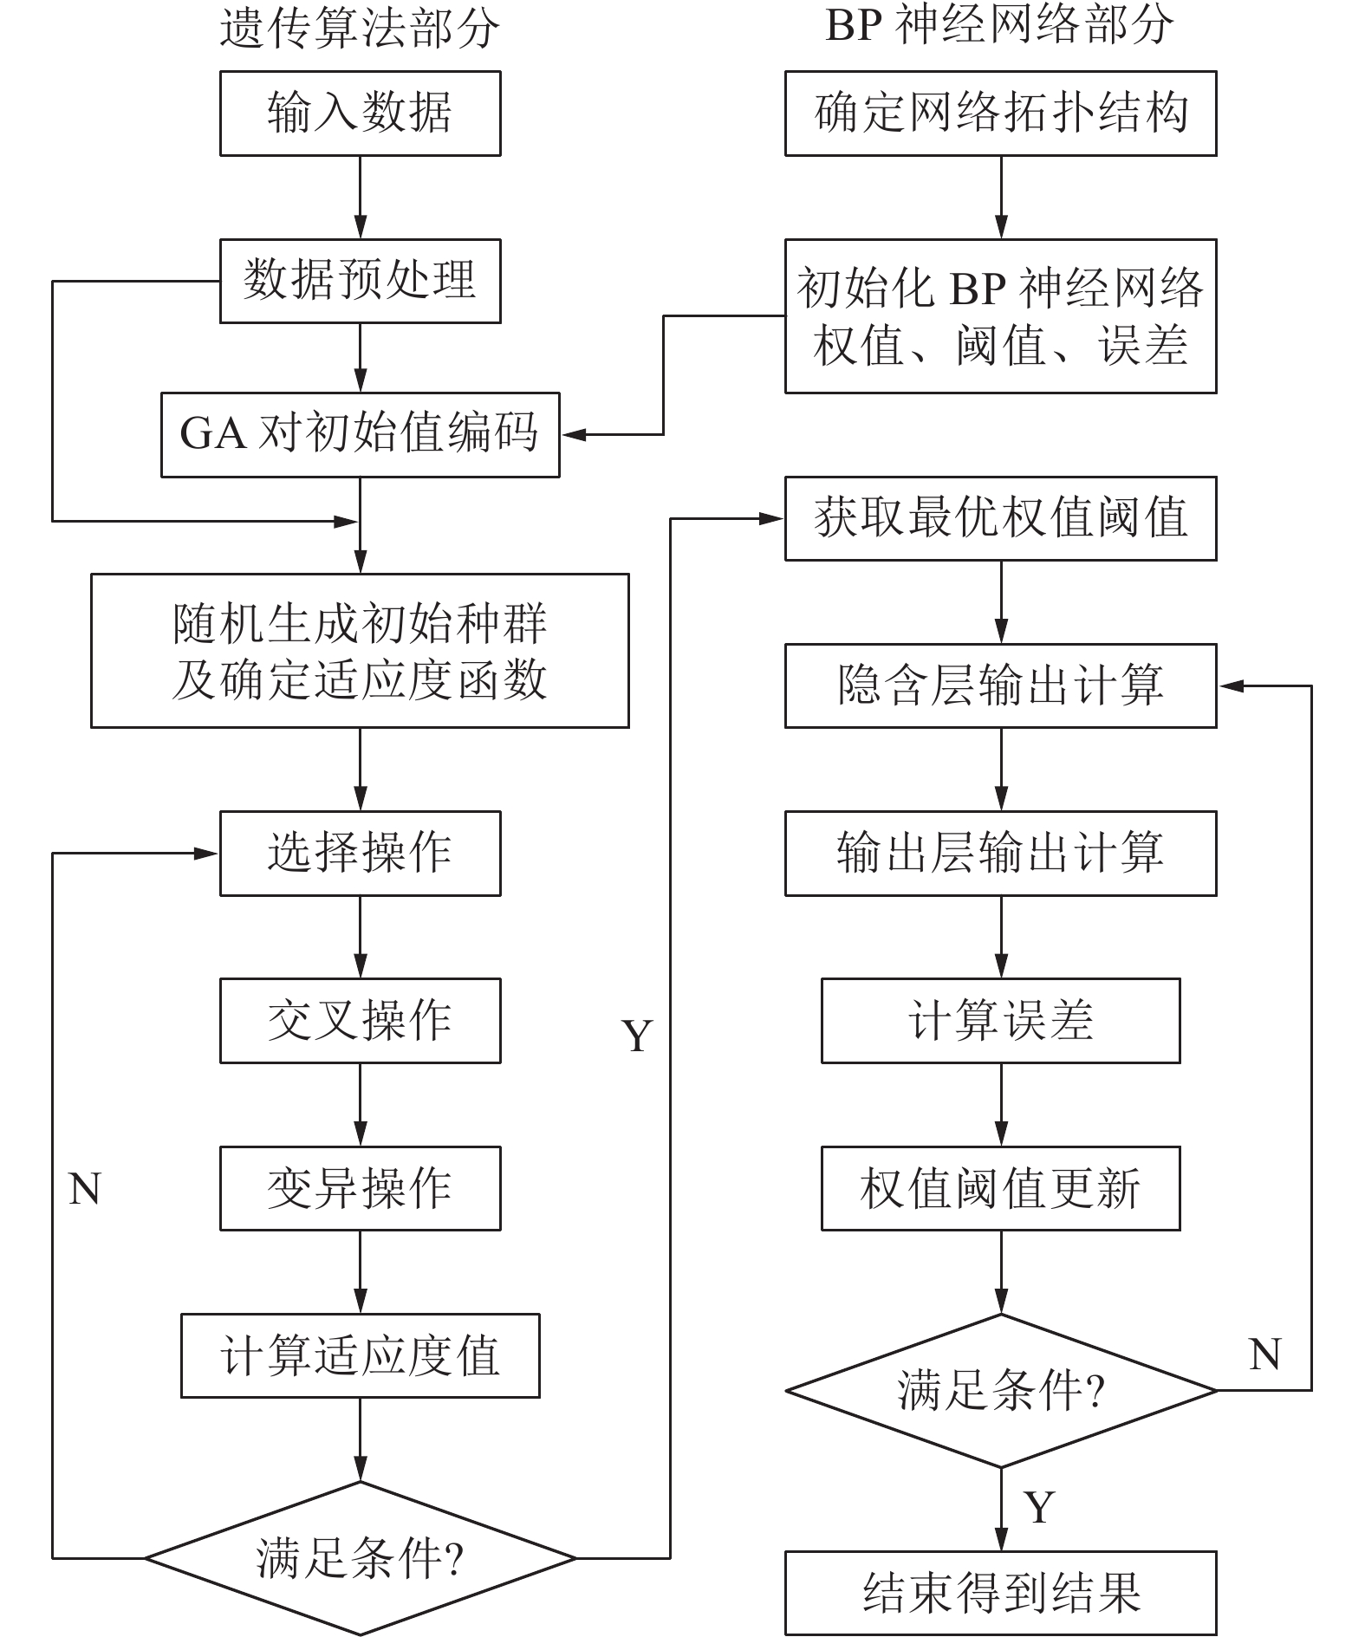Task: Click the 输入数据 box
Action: click(x=360, y=114)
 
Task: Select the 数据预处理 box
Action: click(x=360, y=281)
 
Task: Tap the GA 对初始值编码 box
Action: click(x=360, y=434)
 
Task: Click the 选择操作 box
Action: click(x=360, y=853)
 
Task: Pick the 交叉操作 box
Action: click(x=360, y=1020)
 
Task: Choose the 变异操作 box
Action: click(x=360, y=1188)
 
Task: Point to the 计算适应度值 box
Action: click(x=360, y=1355)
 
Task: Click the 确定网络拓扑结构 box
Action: click(x=1000, y=114)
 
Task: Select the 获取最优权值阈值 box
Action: click(x=1000, y=518)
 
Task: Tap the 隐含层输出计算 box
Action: click(x=1000, y=685)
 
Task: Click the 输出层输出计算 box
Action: click(x=1000, y=853)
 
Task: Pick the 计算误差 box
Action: click(x=1000, y=1020)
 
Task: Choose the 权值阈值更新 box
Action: click(x=1000, y=1188)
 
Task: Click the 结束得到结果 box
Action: click(x=1000, y=1593)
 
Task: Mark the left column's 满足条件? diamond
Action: click(x=360, y=1557)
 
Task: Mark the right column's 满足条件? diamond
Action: click(x=1000, y=1390)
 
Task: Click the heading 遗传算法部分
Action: click(x=360, y=28)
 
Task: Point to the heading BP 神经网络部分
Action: click(x=1000, y=24)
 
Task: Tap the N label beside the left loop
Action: click(x=84, y=1189)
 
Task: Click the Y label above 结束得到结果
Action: click(x=1038, y=1508)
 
